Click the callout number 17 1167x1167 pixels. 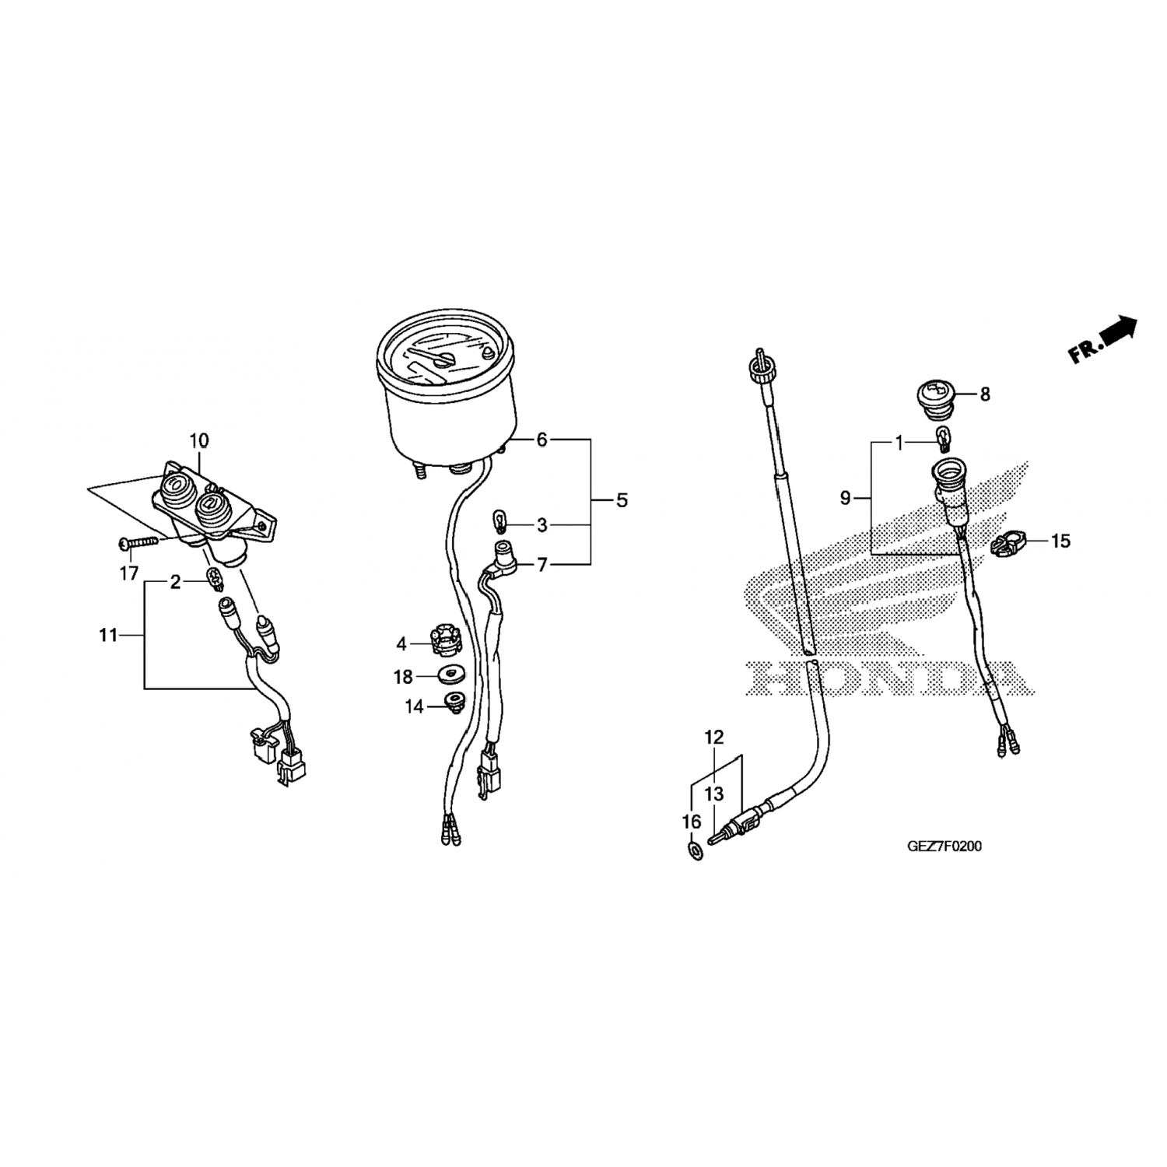(x=128, y=573)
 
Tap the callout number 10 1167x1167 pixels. (x=199, y=441)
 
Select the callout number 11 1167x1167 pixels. (x=108, y=635)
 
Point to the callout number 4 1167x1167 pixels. (x=401, y=643)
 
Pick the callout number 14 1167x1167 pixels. (x=415, y=706)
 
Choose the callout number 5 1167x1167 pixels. (x=622, y=501)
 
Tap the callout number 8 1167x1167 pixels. (x=985, y=394)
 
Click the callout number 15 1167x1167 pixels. (x=1060, y=541)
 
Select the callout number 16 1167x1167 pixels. (x=692, y=822)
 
